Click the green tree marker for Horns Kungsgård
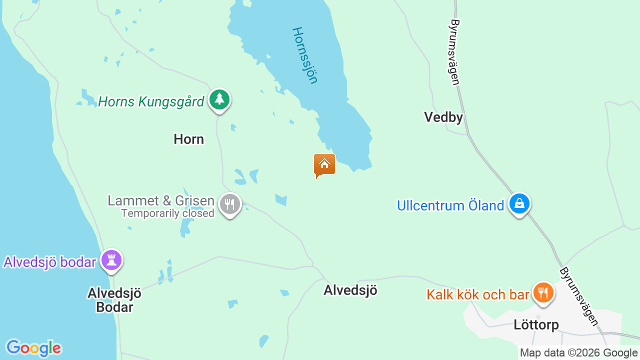(219, 99)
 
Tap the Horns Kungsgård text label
(151, 102)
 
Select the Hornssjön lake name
(305, 55)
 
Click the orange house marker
(324, 164)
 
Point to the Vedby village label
(443, 117)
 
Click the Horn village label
(188, 139)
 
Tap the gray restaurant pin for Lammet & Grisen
(230, 204)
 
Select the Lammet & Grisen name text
(161, 201)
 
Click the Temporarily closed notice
(167, 213)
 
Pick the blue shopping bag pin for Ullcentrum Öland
(519, 204)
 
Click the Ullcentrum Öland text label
(450, 205)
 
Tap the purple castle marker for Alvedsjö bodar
(111, 260)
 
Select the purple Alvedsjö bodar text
(49, 262)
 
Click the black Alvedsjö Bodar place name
(114, 300)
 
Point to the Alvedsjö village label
(350, 290)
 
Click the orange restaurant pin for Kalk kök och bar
(543, 292)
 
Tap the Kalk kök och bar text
(477, 294)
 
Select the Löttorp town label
(536, 325)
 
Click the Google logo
(33, 348)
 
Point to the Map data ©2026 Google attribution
(578, 353)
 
